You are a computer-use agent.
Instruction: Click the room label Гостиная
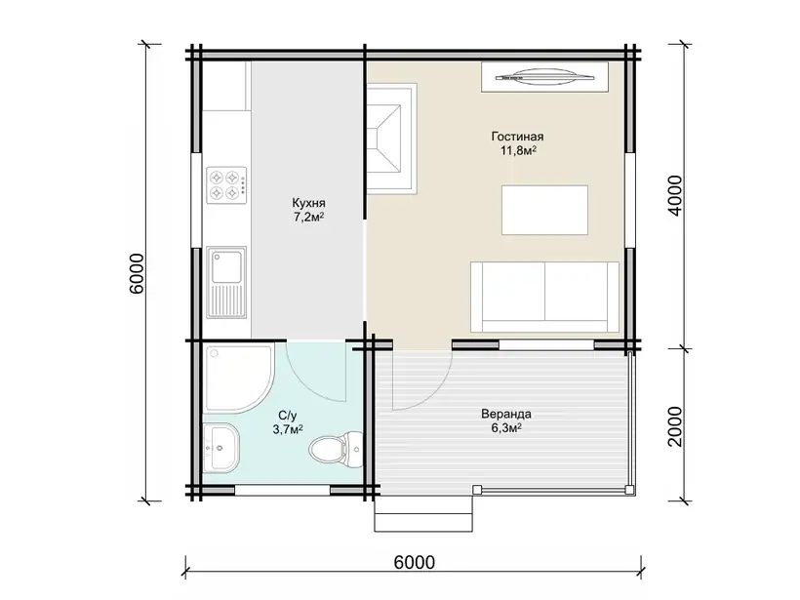tap(517, 137)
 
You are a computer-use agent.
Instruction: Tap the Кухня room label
tap(308, 203)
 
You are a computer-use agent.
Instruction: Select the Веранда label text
tap(506, 414)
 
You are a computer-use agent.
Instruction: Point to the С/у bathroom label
tap(288, 415)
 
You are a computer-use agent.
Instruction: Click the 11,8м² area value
tap(518, 151)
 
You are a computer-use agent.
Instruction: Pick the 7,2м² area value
tap(308, 218)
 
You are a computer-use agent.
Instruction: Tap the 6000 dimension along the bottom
tap(415, 562)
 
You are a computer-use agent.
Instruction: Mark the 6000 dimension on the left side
tap(137, 273)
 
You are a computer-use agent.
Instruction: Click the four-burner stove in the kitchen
tap(226, 185)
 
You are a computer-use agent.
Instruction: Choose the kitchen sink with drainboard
tap(226, 282)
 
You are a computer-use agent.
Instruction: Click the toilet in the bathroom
tap(335, 448)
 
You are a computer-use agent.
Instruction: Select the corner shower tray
tap(239, 378)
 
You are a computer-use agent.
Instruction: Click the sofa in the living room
tap(544, 297)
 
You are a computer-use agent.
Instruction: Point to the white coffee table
tap(544, 210)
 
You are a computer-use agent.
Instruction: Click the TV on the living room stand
tap(544, 77)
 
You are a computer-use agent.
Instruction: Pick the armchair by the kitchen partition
tap(392, 139)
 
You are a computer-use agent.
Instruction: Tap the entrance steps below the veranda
tap(423, 514)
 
